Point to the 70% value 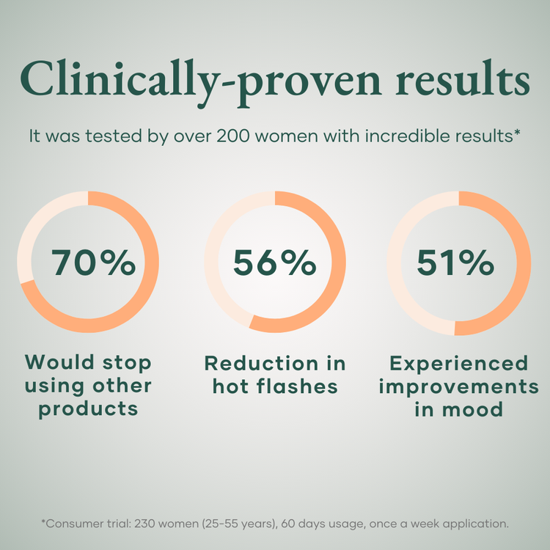(93, 263)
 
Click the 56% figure (274, 263)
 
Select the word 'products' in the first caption (89, 408)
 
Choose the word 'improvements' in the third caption (458, 386)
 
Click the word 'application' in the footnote (472, 524)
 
